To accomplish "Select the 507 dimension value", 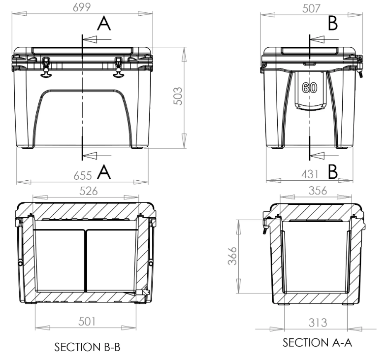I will click(310, 8).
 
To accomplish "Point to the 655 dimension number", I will click(82, 175).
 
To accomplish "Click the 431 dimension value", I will click(310, 173).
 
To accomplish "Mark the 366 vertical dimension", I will click(233, 256).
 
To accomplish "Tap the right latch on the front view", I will click(119, 67).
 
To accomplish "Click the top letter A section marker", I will click(104, 23).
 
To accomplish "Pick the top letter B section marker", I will click(333, 23).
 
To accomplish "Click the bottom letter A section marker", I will click(104, 172).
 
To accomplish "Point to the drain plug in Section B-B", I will click(144, 292).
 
